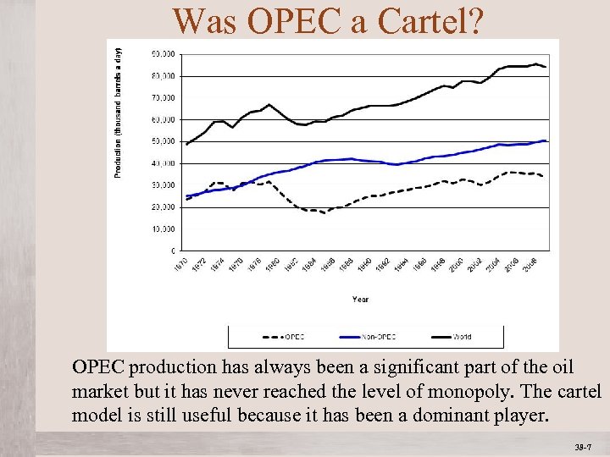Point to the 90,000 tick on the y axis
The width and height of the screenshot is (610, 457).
pyautogui.click(x=164, y=53)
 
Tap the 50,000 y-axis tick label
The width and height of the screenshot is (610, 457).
pyautogui.click(x=164, y=141)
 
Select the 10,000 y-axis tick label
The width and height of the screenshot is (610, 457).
pyautogui.click(x=164, y=229)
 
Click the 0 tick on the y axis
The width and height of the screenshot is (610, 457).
pyautogui.click(x=172, y=251)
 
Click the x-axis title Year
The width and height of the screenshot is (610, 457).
pyautogui.click(x=361, y=299)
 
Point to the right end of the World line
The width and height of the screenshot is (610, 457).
pyautogui.click(x=546, y=67)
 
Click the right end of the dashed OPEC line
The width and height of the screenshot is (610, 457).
pyautogui.click(x=543, y=176)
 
